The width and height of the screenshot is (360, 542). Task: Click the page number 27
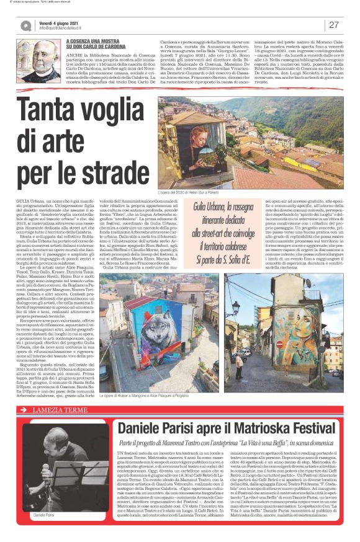click(x=334, y=25)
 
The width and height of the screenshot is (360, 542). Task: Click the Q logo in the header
click(x=25, y=25)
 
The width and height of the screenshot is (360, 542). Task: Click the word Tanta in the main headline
click(x=60, y=113)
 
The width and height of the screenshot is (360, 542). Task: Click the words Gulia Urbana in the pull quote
click(x=217, y=207)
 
